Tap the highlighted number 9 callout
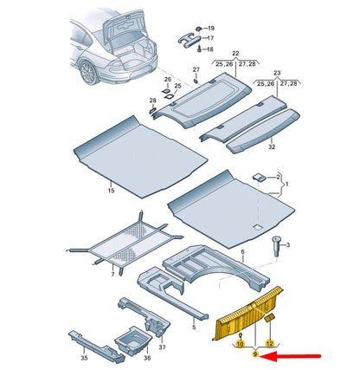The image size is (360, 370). point(255,354)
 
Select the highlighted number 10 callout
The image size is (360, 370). point(240,344)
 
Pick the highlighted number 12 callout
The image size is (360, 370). point(269,344)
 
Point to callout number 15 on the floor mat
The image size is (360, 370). point(110,189)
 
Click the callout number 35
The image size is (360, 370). point(84,356)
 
